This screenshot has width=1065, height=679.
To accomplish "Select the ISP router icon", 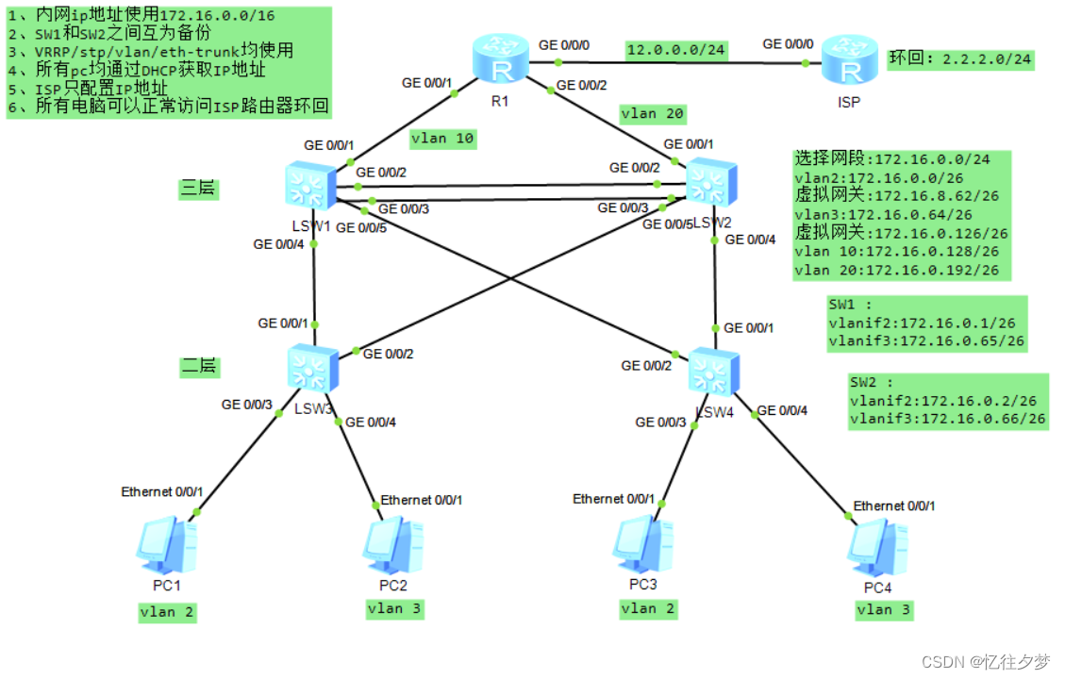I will pyautogui.click(x=849, y=62).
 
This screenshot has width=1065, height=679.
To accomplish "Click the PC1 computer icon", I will pyautogui.click(x=166, y=546).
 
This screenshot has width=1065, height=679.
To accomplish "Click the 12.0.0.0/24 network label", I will pyautogui.click(x=675, y=50).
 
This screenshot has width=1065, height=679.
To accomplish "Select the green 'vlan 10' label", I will pyautogui.click(x=442, y=139).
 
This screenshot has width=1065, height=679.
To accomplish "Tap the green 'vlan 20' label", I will pyautogui.click(x=652, y=114).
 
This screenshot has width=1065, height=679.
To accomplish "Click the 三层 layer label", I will pyautogui.click(x=199, y=189).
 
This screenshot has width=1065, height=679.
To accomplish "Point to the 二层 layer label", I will pyautogui.click(x=199, y=366).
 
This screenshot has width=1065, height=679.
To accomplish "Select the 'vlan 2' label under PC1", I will pyautogui.click(x=168, y=612).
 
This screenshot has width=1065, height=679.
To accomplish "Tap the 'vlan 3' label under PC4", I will pyautogui.click(x=884, y=610).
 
